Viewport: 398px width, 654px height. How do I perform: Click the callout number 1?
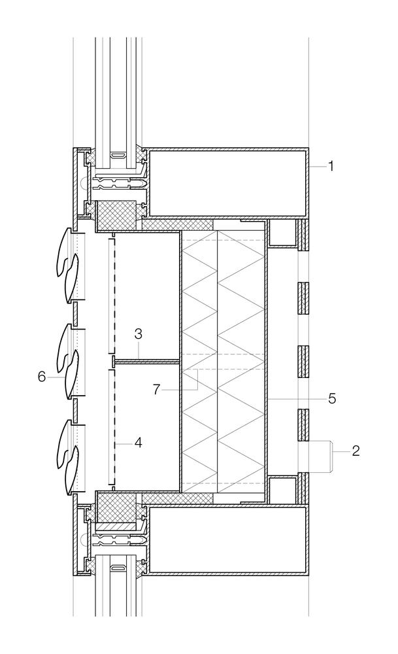(331, 166)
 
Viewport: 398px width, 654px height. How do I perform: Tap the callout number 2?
(356, 451)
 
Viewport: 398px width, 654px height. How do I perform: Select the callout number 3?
(139, 334)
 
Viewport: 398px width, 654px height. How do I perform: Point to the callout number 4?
(139, 443)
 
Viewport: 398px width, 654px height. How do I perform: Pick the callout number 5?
(332, 398)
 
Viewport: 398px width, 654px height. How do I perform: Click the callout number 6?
(42, 377)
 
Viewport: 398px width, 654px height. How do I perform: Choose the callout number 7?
(156, 390)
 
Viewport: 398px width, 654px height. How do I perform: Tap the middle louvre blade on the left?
(69, 361)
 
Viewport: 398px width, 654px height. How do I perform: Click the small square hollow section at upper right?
(281, 233)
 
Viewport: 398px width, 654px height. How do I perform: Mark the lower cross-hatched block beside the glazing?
(116, 506)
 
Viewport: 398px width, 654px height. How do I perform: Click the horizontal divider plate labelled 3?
(146, 360)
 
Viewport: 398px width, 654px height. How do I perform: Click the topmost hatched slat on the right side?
(304, 235)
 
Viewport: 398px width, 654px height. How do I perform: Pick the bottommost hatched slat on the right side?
(304, 489)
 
